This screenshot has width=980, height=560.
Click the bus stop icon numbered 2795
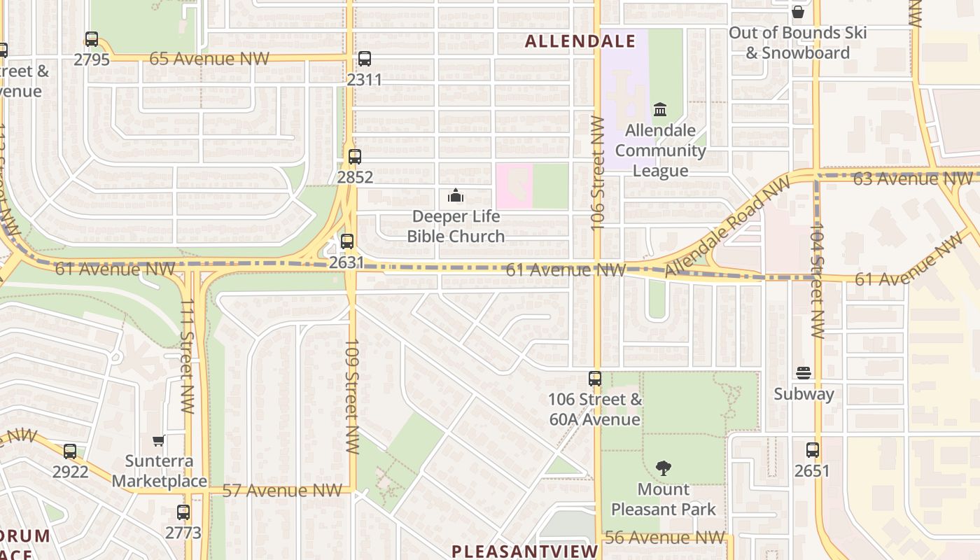pyautogui.click(x=92, y=39)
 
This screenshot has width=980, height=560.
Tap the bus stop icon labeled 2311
pyautogui.click(x=364, y=59)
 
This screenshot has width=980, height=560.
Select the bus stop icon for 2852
pyautogui.click(x=355, y=157)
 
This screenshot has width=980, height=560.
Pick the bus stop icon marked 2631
pyautogui.click(x=347, y=241)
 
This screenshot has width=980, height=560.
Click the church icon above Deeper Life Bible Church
pyautogui.click(x=456, y=195)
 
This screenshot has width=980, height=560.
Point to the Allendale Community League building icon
pyautogui.click(x=659, y=110)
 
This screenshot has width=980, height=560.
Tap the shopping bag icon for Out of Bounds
pyautogui.click(x=797, y=12)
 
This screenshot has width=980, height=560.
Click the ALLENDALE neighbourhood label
pyautogui.click(x=580, y=41)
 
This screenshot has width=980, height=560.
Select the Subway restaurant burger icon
pyautogui.click(x=804, y=373)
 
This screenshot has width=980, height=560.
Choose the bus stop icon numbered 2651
pyautogui.click(x=812, y=450)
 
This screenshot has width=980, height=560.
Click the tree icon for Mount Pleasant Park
pyautogui.click(x=663, y=468)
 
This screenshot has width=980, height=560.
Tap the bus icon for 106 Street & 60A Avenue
pyautogui.click(x=595, y=379)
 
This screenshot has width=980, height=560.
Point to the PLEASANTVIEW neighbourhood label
pyautogui.click(x=525, y=551)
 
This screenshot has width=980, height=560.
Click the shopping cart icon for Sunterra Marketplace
pyautogui.click(x=159, y=440)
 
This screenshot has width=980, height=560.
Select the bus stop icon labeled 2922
pyautogui.click(x=70, y=451)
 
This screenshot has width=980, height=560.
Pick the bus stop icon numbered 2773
pyautogui.click(x=183, y=512)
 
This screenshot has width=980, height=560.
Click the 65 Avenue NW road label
pyautogui.click(x=209, y=59)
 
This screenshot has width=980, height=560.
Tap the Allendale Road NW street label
pyautogui.click(x=727, y=225)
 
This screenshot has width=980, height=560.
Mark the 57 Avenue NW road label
pyautogui.click(x=282, y=491)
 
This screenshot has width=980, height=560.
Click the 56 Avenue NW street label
pyautogui.click(x=664, y=538)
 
